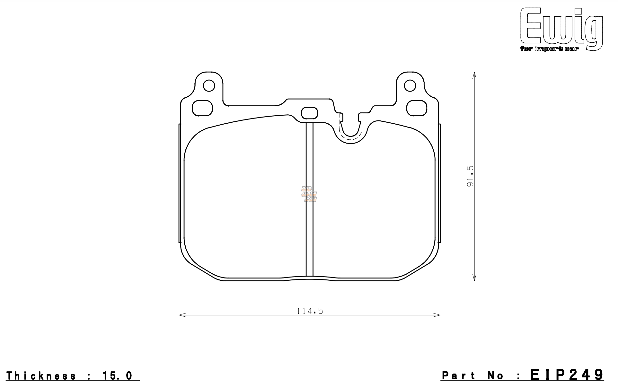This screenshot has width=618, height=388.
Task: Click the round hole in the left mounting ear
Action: pyautogui.click(x=209, y=86)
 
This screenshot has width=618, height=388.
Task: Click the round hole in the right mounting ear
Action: pyautogui.click(x=410, y=86)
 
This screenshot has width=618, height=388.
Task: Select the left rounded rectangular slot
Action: pyautogui.click(x=202, y=108)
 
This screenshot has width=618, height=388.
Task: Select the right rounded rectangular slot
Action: pyautogui.click(x=417, y=108)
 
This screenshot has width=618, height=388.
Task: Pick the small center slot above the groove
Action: pyautogui.click(x=309, y=113)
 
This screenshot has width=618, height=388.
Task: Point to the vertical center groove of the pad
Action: pyautogui.click(x=309, y=199)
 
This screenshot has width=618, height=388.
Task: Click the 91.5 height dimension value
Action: pyautogui.click(x=471, y=176)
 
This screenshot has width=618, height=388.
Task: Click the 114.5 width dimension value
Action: pyautogui.click(x=310, y=311)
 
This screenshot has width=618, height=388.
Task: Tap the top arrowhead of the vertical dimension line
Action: pyautogui.click(x=474, y=75)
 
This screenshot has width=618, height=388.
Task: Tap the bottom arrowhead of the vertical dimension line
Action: pyautogui.click(x=474, y=278)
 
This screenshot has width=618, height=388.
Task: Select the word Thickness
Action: pyautogui.click(x=41, y=376)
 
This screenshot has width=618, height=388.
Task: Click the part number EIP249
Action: pyautogui.click(x=567, y=375)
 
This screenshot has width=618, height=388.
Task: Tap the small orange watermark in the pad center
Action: pyautogui.click(x=309, y=194)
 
